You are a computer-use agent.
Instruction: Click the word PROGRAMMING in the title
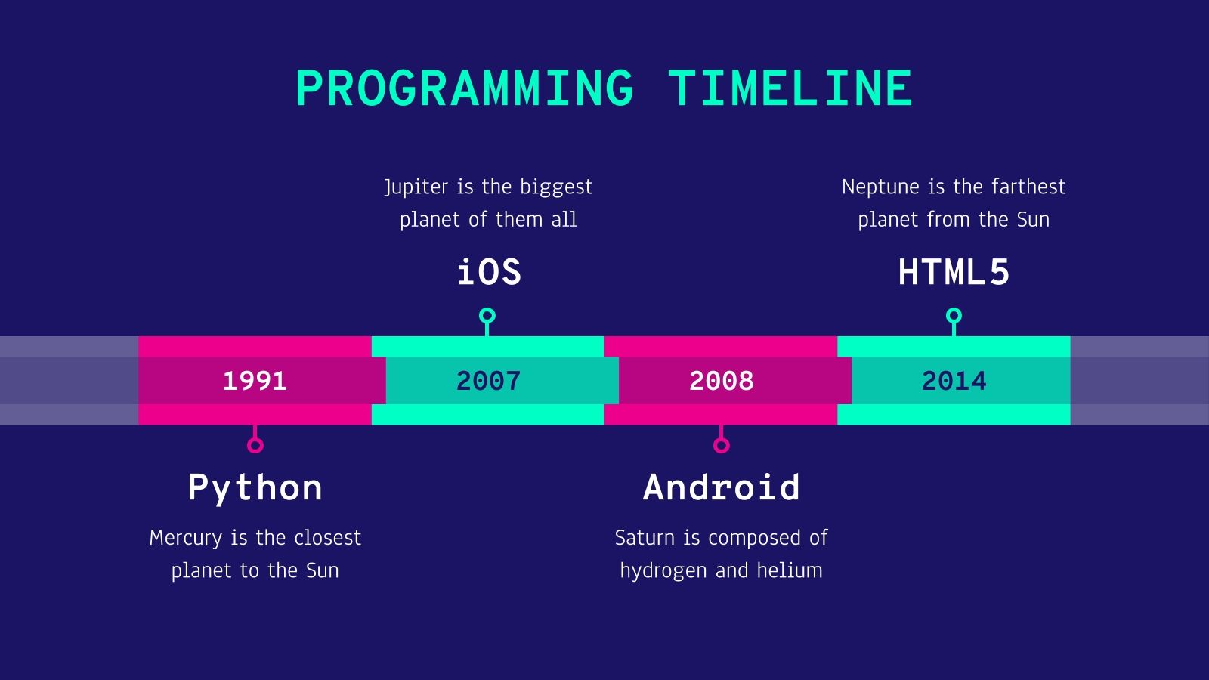[465, 88]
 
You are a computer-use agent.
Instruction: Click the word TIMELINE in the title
[790, 88]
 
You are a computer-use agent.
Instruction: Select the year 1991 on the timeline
[255, 381]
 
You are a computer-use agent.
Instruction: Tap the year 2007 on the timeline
[488, 381]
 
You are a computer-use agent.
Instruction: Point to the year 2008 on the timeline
[722, 381]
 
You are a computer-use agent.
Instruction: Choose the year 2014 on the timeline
[954, 381]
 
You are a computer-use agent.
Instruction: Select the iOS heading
[489, 272]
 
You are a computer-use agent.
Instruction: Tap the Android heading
[722, 487]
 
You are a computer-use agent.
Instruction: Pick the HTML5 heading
[954, 272]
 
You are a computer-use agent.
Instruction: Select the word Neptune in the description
[880, 187]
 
